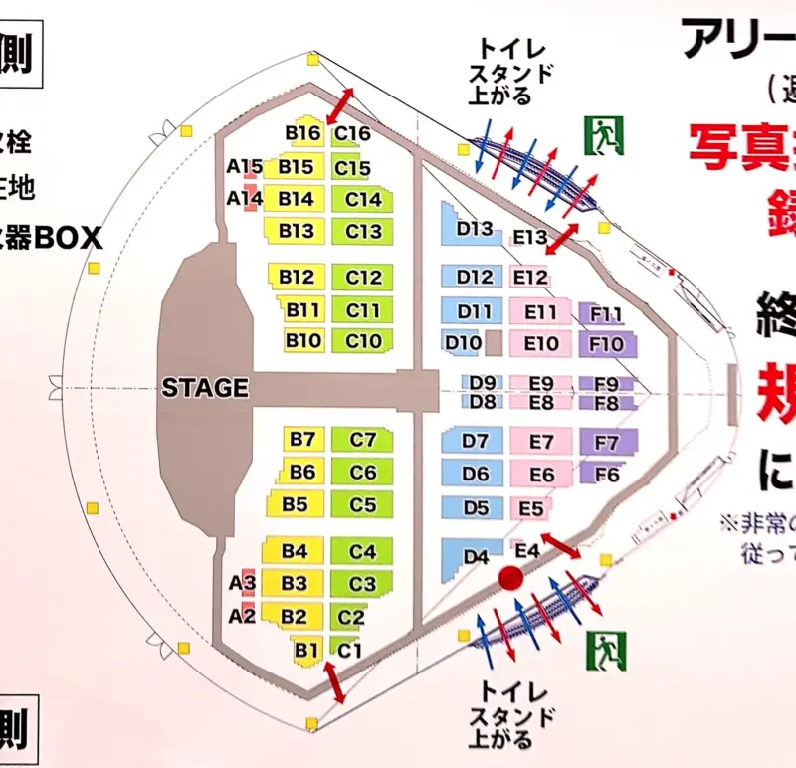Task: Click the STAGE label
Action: point(205,388)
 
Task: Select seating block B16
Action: point(301,133)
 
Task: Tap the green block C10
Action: point(363,341)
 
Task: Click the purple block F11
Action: point(605,315)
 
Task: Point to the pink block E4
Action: point(526,548)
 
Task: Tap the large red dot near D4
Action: point(511,577)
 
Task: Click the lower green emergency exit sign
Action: point(604,652)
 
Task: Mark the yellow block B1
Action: point(306,651)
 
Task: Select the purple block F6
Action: point(606,475)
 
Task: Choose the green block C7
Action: point(363,439)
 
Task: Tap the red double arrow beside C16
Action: point(340,103)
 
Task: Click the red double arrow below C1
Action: point(334,684)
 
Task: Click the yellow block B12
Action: point(297,278)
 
